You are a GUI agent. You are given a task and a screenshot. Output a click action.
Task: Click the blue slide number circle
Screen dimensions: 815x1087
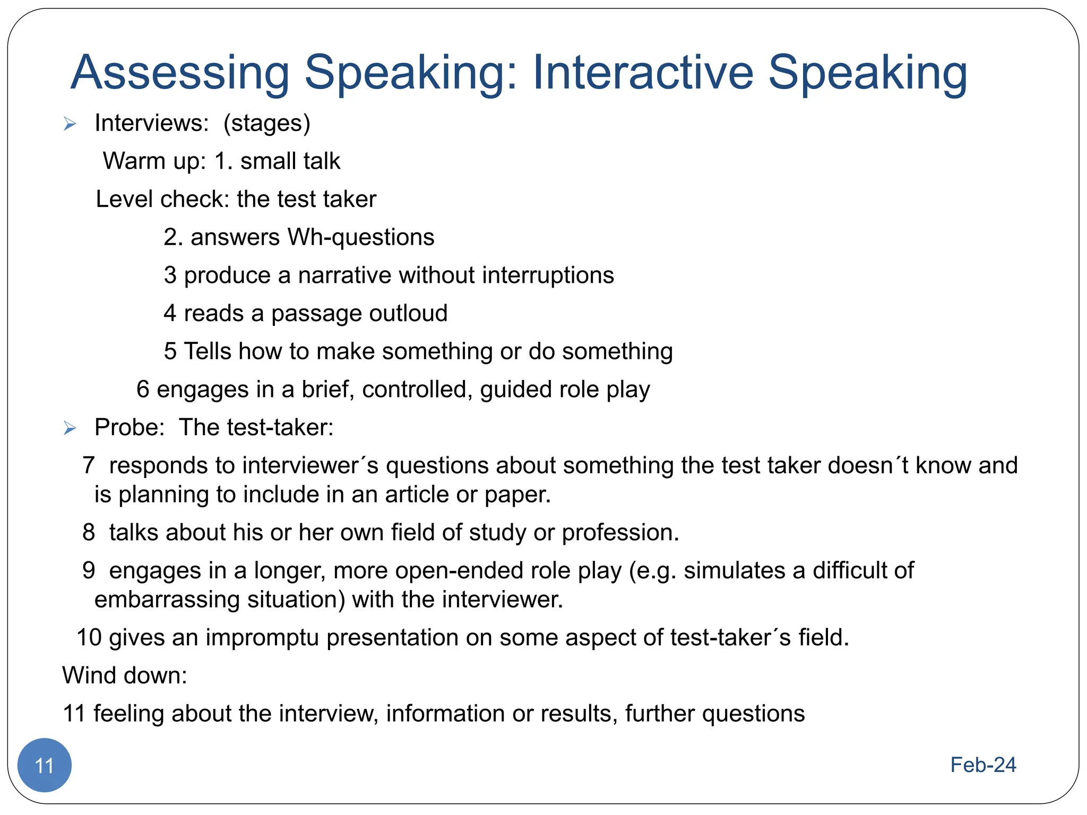(x=45, y=765)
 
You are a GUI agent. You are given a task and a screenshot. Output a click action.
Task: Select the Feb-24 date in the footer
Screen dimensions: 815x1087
(x=983, y=765)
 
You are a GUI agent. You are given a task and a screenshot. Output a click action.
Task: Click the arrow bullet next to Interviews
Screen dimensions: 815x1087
(x=70, y=124)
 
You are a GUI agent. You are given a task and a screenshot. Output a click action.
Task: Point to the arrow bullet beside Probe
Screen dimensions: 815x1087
(x=70, y=428)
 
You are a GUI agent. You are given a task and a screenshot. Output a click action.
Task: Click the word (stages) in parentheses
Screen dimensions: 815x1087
(x=266, y=124)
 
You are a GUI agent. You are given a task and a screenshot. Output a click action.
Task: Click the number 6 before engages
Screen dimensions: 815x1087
(x=143, y=389)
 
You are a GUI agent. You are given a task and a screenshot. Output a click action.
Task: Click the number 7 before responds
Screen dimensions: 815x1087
(x=89, y=465)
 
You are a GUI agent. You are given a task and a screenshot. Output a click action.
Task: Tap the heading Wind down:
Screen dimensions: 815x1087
(x=125, y=675)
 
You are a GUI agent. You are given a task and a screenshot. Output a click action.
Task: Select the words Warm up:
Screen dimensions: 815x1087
(x=154, y=161)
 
